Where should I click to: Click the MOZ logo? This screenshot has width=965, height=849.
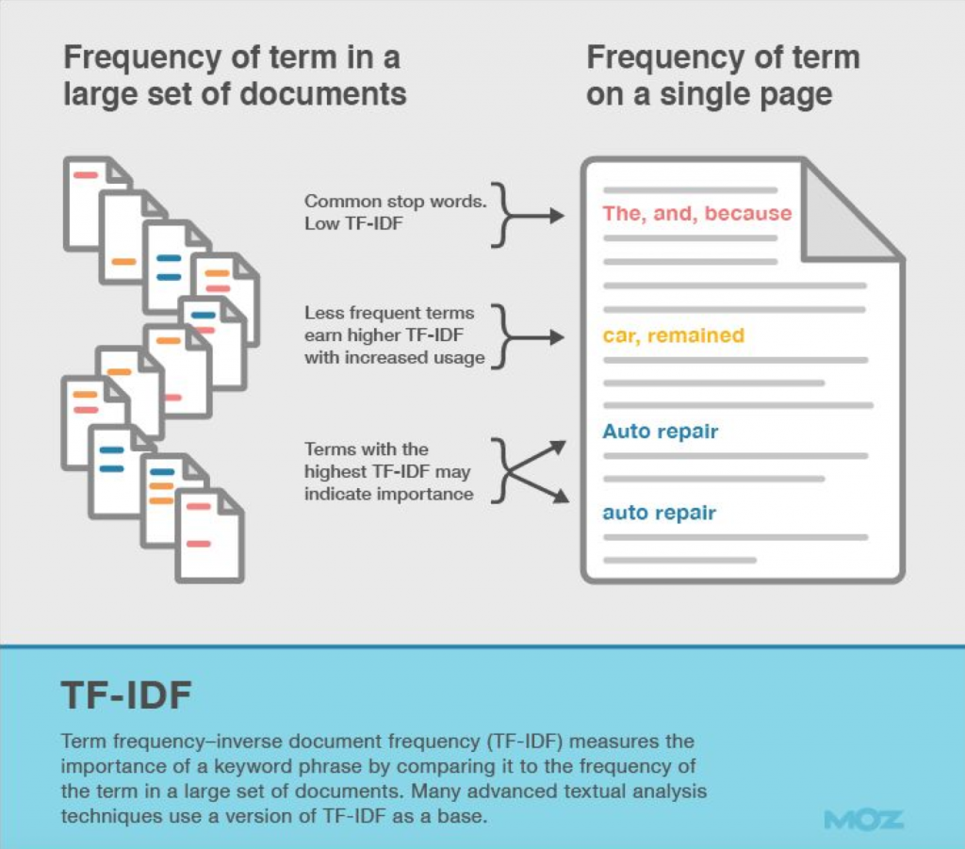(x=863, y=820)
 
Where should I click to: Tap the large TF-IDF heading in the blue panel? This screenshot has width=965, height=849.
(x=126, y=695)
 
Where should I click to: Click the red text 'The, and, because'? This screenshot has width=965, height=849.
(x=697, y=214)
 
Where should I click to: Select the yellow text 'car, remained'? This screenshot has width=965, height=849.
(x=673, y=335)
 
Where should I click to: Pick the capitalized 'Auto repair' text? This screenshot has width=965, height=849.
(x=661, y=432)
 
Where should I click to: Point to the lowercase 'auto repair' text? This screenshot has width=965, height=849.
(x=659, y=513)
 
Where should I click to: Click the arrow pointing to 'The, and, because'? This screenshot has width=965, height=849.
(x=534, y=216)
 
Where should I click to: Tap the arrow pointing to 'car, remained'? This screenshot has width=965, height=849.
(x=534, y=337)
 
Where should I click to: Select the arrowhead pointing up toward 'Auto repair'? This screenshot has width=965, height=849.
(x=558, y=447)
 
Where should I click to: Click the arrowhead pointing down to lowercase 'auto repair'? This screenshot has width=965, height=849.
(x=561, y=496)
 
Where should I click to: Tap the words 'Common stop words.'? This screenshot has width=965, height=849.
(x=395, y=201)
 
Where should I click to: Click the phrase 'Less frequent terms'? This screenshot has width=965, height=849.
(x=389, y=313)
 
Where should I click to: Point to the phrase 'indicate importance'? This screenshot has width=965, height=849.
(x=389, y=494)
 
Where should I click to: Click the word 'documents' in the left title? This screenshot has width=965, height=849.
(x=322, y=95)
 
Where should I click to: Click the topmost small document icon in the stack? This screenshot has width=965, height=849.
(x=97, y=203)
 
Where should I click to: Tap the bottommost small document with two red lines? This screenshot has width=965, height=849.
(x=209, y=535)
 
